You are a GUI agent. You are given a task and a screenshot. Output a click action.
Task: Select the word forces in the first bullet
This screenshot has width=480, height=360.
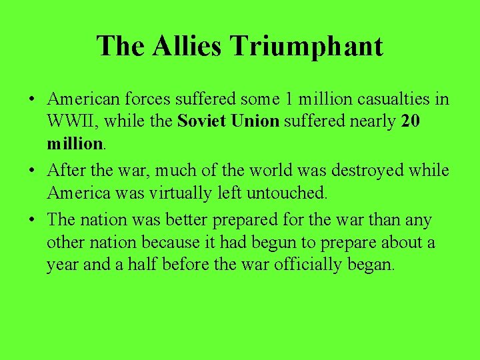point(147,99)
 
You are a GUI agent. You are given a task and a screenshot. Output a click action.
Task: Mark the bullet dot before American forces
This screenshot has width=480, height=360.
point(32,100)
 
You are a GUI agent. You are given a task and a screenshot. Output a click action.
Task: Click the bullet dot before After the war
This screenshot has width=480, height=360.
point(32,171)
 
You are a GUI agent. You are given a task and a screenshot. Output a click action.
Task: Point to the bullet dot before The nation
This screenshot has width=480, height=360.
point(32,220)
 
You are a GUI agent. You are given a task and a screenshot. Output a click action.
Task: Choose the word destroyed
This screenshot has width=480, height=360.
point(375,171)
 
